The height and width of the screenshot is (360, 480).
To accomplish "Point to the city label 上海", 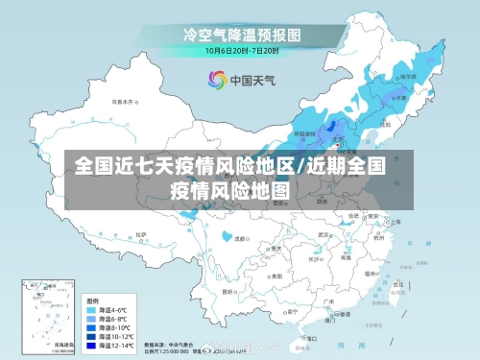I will tap(396, 221).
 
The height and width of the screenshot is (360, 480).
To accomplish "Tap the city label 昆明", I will tap(228, 289).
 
